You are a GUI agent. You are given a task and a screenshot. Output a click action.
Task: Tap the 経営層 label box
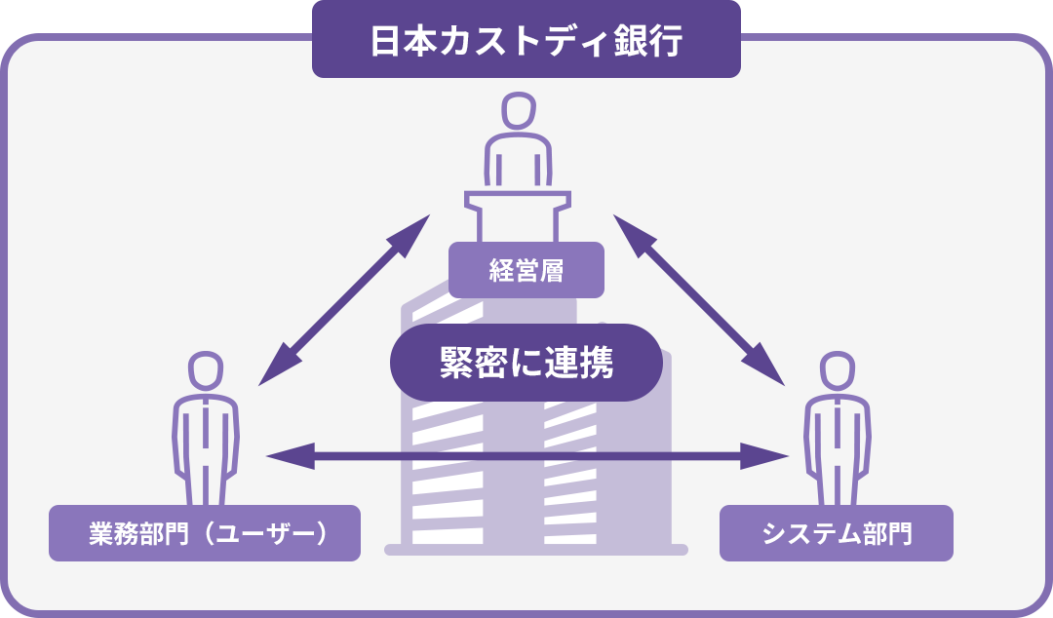click(x=526, y=270)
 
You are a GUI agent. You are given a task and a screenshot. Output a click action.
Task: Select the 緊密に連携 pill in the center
click(x=526, y=363)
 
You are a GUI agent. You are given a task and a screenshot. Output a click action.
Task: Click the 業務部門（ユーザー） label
click(x=205, y=533)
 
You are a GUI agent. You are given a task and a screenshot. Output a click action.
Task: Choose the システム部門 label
click(x=836, y=533)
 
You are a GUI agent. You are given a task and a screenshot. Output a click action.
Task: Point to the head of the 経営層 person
click(x=518, y=111)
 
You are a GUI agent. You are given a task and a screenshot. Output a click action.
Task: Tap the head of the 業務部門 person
click(x=205, y=371)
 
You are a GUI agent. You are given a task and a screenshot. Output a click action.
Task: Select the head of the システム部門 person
click(x=837, y=371)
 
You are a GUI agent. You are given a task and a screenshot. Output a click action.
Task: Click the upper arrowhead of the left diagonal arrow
click(x=413, y=230)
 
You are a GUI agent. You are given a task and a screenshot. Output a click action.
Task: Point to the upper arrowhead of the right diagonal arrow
click(x=629, y=231)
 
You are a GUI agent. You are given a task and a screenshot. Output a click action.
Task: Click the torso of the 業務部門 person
click(x=205, y=434)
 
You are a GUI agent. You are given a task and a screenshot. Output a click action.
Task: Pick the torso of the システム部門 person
click(x=837, y=434)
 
